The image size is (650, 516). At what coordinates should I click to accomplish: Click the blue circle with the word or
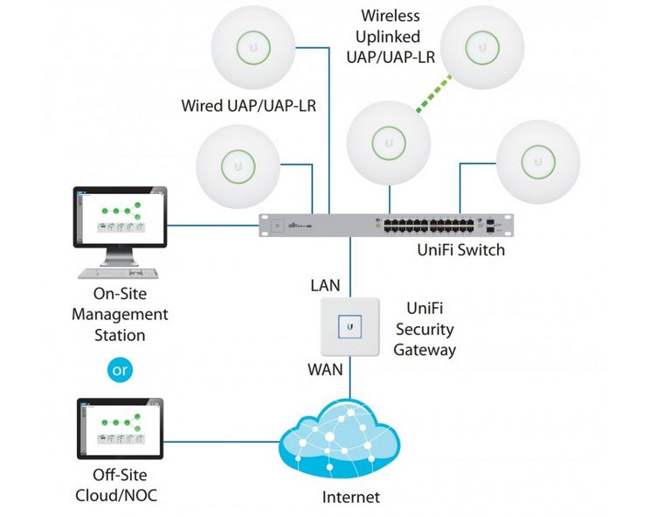[x=121, y=370]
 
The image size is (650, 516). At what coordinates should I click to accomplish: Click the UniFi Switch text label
[x=460, y=251]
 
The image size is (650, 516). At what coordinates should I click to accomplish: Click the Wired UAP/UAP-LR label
[x=249, y=106]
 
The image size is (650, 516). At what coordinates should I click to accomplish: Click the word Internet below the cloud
[x=350, y=498]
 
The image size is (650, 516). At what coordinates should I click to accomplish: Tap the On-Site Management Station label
[x=120, y=314]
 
